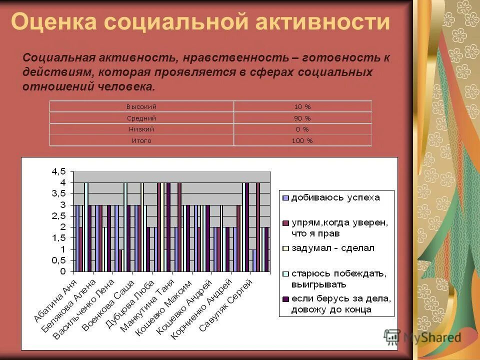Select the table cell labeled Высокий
[141, 106]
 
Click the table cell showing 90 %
[302, 118]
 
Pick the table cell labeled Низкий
[141, 129]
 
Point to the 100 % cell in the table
[302, 141]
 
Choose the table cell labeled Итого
[141, 141]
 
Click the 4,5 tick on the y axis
[58, 171]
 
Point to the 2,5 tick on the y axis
[58, 216]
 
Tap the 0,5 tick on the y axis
[58, 260]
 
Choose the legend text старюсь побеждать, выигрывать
[338, 278]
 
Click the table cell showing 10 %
[302, 106]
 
